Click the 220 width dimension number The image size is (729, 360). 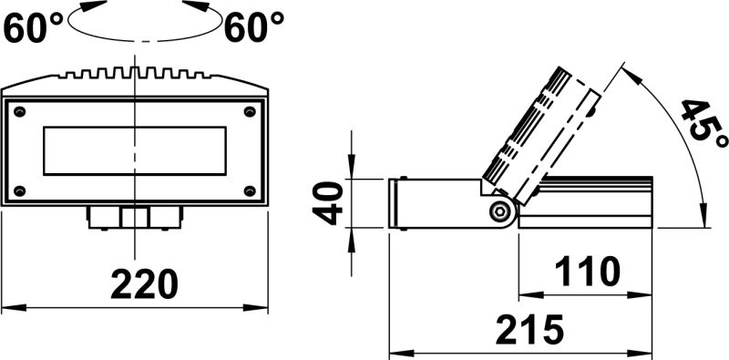coord(144,285)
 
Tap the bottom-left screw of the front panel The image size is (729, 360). coord(20,190)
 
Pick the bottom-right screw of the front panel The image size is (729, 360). coord(250,190)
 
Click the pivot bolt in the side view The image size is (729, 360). coord(499,211)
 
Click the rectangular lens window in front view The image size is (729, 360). coord(135,150)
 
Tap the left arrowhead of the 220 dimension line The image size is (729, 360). coord(7,307)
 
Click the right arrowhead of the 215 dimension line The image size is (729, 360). coord(649,351)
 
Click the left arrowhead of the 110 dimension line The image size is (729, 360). coord(524,294)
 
